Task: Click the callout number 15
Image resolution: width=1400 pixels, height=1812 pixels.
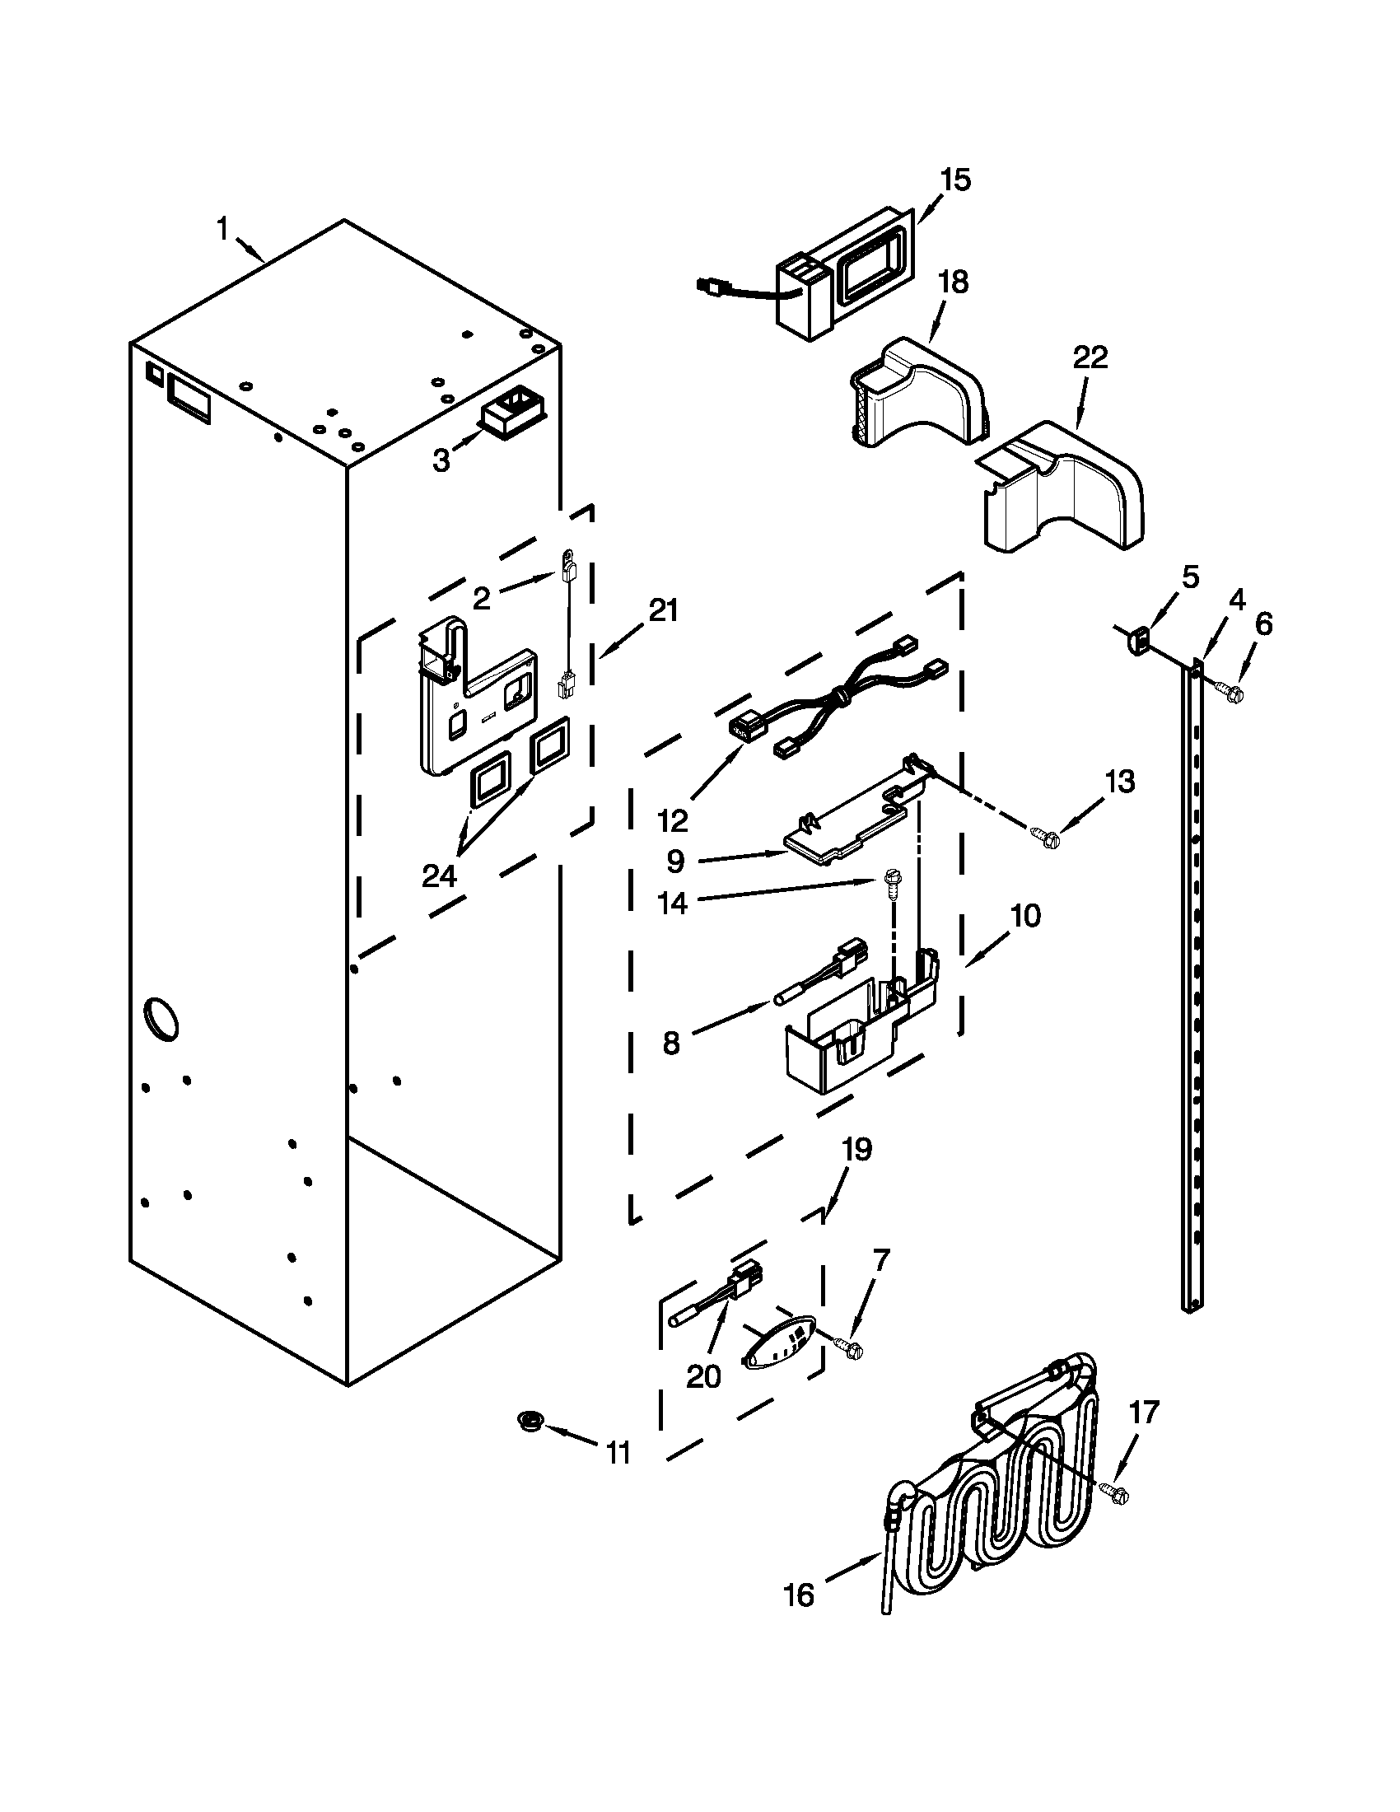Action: tap(955, 180)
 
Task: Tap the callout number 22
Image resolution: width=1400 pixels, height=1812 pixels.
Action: tap(1090, 357)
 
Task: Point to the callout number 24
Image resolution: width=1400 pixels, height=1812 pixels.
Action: tap(439, 876)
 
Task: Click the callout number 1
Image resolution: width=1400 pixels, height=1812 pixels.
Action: tap(222, 227)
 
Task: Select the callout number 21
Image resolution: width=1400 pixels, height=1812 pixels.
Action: tap(663, 610)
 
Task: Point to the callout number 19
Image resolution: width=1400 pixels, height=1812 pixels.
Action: tap(857, 1150)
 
